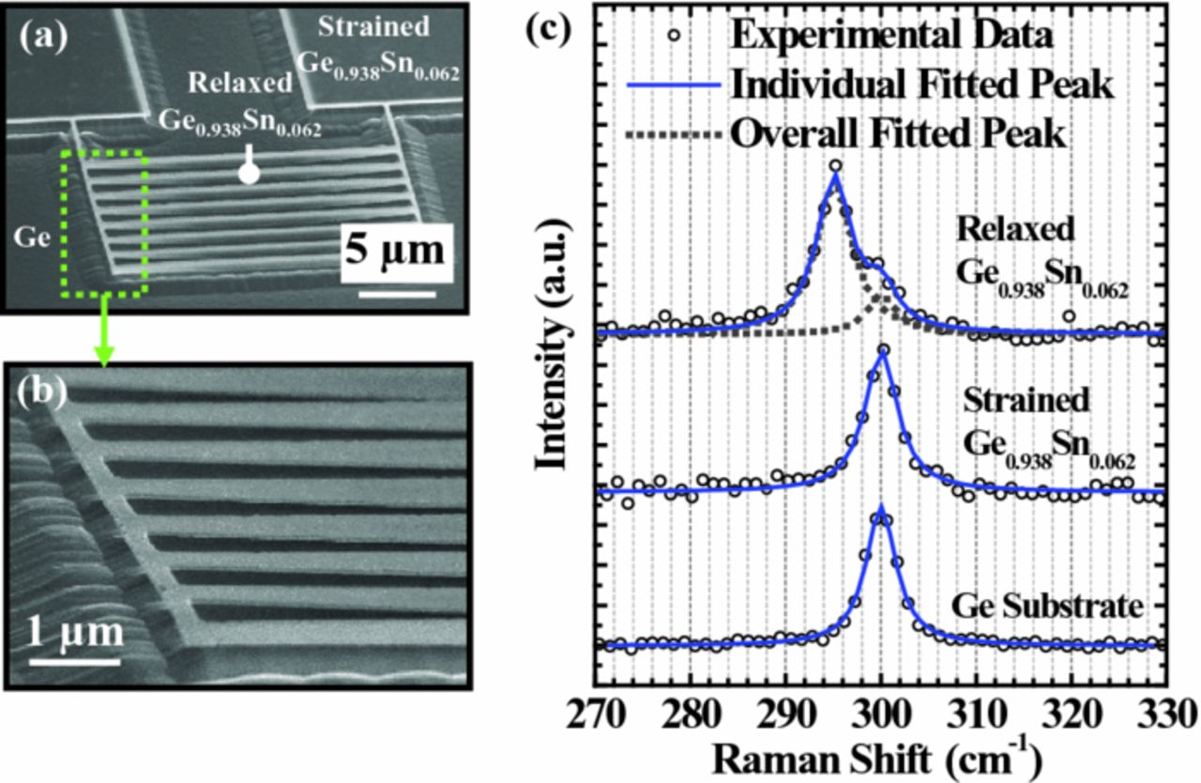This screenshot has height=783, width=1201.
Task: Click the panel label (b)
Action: click(41, 392)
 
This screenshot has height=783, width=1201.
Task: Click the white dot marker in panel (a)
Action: click(249, 173)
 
